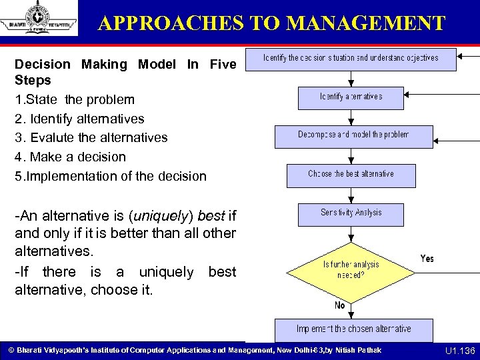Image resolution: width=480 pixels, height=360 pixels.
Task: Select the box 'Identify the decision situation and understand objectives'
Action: (351, 58)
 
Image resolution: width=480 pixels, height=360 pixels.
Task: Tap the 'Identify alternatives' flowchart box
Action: (351, 97)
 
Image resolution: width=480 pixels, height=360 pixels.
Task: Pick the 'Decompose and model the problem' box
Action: (353, 135)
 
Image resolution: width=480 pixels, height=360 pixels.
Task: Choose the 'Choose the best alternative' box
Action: (351, 175)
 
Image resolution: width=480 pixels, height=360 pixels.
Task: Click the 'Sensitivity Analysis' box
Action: (351, 213)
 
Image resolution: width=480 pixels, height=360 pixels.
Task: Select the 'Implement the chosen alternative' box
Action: (353, 329)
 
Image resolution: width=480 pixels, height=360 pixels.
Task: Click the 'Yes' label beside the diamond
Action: (427, 258)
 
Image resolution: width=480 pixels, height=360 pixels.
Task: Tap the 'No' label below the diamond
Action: (339, 305)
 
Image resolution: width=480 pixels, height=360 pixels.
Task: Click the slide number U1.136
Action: (459, 351)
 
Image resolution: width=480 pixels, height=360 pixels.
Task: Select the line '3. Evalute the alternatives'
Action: (91, 138)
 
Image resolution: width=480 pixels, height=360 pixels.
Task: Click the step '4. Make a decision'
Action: (70, 157)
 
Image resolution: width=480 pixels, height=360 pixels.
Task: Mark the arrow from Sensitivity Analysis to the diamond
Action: (351, 235)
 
